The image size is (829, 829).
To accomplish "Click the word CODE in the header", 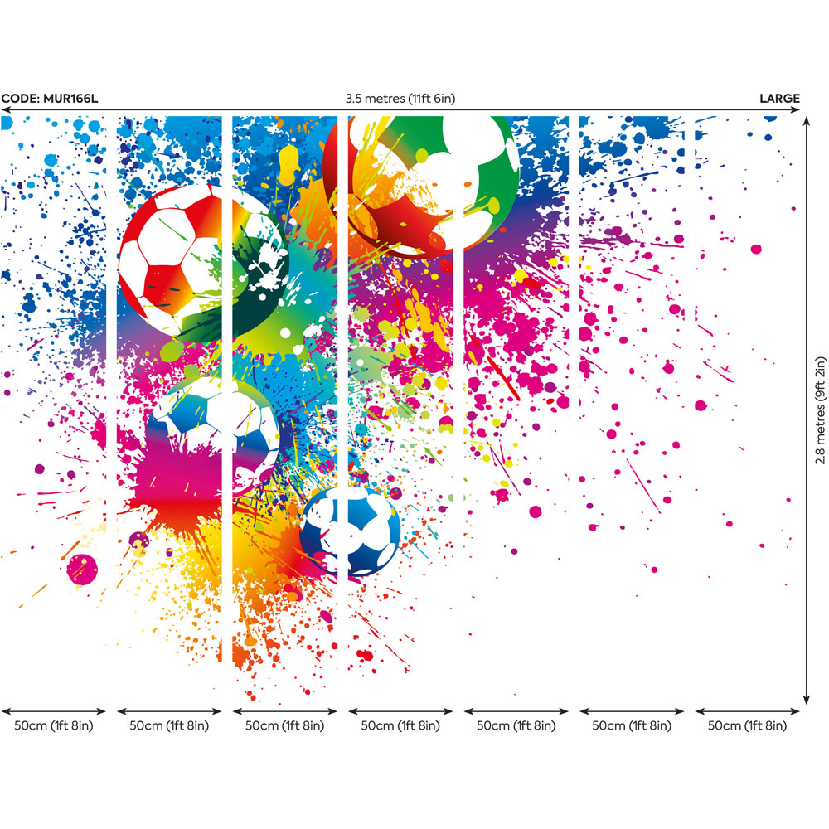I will click(x=17, y=99).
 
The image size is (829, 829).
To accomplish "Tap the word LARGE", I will click(x=779, y=99).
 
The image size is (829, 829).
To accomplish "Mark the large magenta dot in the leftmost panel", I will click(x=82, y=570).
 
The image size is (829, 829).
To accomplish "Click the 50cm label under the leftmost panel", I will click(x=54, y=726).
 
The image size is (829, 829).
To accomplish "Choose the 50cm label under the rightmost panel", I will click(x=747, y=726).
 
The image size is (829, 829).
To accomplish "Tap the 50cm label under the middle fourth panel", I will click(x=400, y=726).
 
